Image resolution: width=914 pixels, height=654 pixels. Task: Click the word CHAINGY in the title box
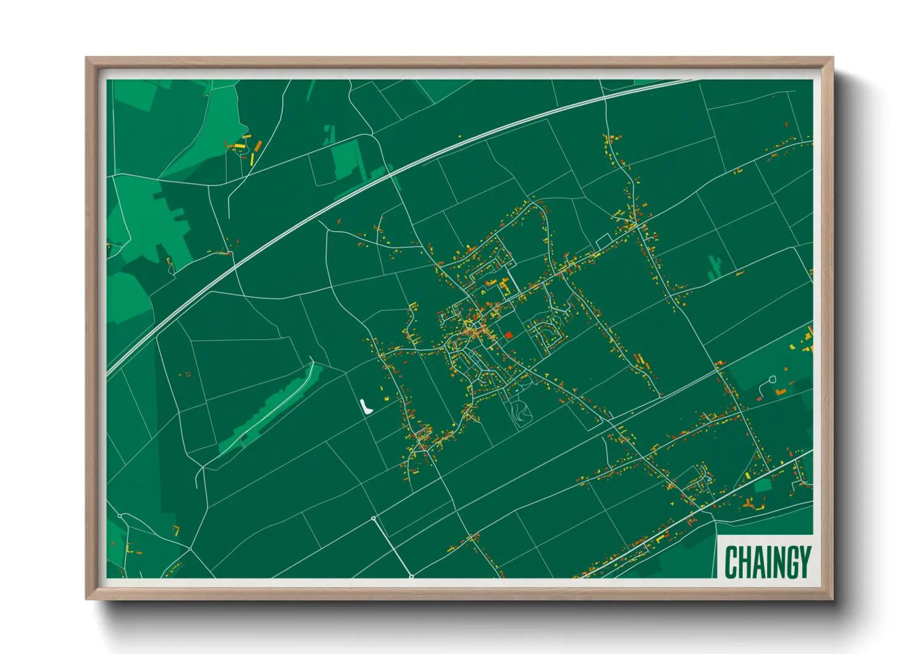(x=767, y=562)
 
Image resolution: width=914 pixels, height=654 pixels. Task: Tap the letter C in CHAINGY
(x=731, y=562)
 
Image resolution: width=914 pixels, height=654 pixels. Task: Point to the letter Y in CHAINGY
(x=804, y=562)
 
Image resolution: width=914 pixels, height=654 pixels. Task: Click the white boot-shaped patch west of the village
(x=366, y=406)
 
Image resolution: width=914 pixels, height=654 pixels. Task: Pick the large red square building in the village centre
(x=509, y=335)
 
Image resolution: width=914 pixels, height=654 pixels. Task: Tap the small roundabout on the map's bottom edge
(x=411, y=577)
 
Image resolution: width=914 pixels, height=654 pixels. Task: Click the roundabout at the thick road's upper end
(x=374, y=518)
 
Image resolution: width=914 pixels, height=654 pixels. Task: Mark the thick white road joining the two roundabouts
(x=393, y=548)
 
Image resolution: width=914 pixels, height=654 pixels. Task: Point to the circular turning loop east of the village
(x=772, y=379)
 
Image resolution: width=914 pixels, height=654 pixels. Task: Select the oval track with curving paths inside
(x=520, y=412)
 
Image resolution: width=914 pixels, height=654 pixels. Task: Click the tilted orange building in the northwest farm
(x=258, y=146)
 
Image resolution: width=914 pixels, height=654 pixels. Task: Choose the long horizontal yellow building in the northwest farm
(x=239, y=146)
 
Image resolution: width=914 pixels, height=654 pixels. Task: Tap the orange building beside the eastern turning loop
(x=781, y=392)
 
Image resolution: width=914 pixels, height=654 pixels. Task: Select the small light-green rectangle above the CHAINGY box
(x=763, y=486)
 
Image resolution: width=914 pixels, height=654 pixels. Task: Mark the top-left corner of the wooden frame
(x=86, y=58)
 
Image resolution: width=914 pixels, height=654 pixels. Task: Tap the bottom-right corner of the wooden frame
(x=832, y=598)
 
